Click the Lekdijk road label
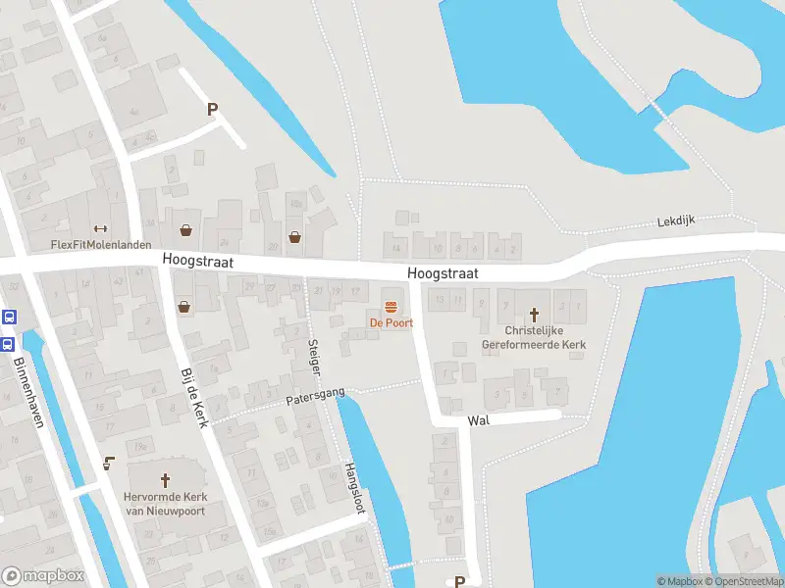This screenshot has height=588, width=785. pyautogui.click(x=676, y=221)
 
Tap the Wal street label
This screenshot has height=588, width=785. pyautogui.click(x=479, y=419)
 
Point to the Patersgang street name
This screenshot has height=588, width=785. pyautogui.click(x=315, y=397)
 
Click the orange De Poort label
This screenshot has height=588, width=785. pyautogui.click(x=391, y=322)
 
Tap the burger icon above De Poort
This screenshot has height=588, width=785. pyautogui.click(x=391, y=305)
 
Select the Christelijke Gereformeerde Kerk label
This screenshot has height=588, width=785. pyautogui.click(x=534, y=337)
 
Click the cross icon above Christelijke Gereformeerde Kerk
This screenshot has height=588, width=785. pyautogui.click(x=535, y=315)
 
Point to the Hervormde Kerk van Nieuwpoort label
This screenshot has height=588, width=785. pyautogui.click(x=165, y=503)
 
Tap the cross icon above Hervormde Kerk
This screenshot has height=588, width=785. pyautogui.click(x=165, y=480)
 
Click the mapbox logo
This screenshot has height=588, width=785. pyautogui.click(x=43, y=576)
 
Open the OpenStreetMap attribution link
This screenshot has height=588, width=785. pyautogui.click(x=743, y=581)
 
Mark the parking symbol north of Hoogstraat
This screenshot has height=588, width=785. pyautogui.click(x=212, y=110)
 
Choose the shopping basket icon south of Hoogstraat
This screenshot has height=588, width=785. pyautogui.click(x=184, y=307)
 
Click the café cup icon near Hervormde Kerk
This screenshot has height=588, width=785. pyautogui.click(x=109, y=463)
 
